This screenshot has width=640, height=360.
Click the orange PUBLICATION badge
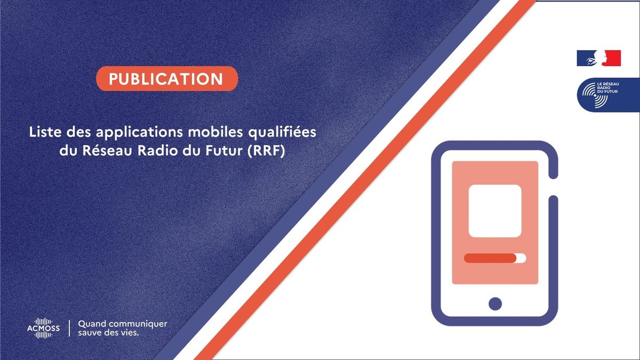(167, 78)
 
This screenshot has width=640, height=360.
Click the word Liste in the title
(45, 132)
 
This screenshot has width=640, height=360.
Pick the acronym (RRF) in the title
(266, 151)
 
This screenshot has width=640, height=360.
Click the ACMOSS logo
(43, 329)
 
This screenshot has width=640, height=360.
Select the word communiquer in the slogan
(138, 324)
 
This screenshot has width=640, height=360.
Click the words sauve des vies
(108, 333)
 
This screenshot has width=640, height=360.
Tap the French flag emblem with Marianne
(599, 58)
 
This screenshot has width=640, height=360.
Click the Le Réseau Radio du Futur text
(608, 87)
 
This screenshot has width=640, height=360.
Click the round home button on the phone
(495, 303)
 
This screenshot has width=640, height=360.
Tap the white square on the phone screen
(495, 211)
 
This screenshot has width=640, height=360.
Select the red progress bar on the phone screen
(490, 258)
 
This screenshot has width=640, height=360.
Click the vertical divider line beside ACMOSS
(69, 329)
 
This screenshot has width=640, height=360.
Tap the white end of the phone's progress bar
(522, 258)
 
